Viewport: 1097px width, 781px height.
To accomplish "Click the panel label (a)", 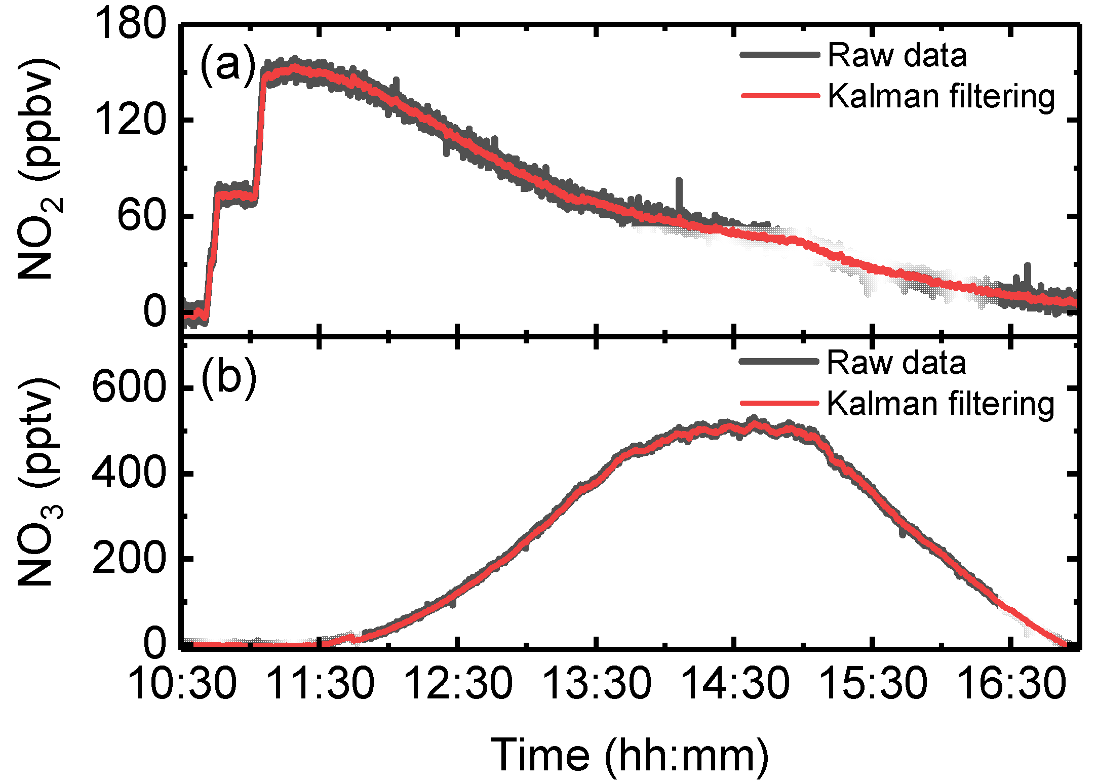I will (x=228, y=66).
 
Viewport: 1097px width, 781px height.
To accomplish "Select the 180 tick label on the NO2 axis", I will (x=130, y=24).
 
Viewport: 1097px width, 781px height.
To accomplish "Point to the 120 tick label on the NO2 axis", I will (x=130, y=120).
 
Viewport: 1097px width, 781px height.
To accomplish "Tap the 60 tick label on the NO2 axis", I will (x=142, y=216).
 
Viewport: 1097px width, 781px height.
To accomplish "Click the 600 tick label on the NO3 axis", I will (x=129, y=387).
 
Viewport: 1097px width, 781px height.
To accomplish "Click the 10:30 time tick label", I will (x=182, y=683).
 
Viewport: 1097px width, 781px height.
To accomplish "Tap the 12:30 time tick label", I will (x=459, y=683).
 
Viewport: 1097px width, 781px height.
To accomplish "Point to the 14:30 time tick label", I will (x=735, y=683).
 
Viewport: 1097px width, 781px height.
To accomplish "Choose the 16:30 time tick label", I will (x=1012, y=683).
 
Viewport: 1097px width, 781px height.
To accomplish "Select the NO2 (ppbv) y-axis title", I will (x=38, y=170).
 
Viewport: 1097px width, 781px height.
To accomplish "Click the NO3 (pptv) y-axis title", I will (x=38, y=481).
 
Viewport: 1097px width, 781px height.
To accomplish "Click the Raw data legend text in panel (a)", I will (x=897, y=55).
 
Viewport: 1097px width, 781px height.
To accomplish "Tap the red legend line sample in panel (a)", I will (x=780, y=95).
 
